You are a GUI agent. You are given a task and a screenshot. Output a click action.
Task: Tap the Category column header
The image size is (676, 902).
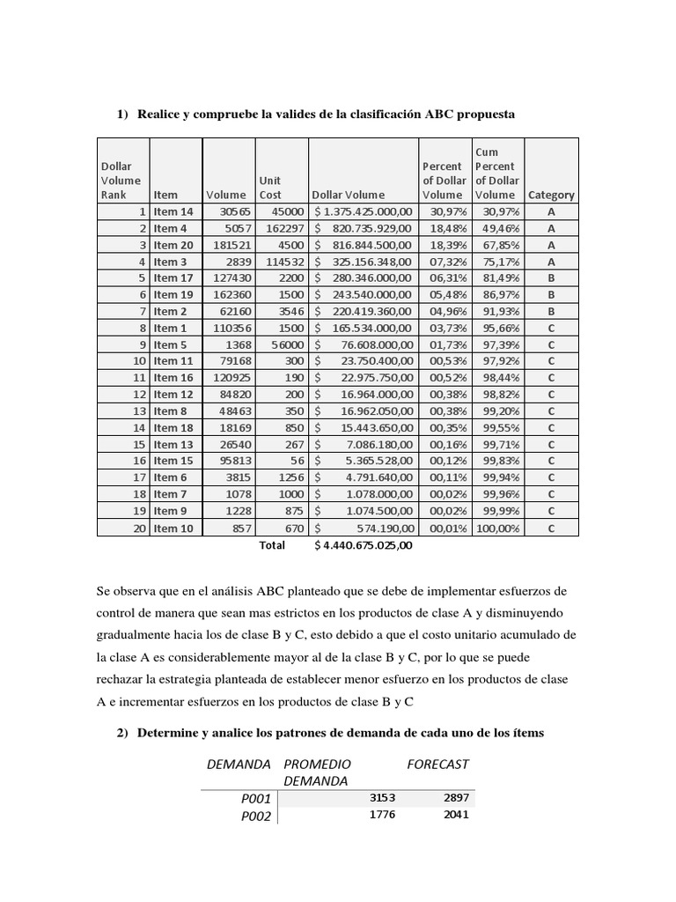point(550,196)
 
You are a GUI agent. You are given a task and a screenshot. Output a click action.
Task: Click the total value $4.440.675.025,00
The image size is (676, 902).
point(363,545)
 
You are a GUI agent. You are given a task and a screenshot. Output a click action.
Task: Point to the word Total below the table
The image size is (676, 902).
point(272,545)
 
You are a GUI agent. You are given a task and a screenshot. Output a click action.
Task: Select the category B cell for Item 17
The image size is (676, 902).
point(550,278)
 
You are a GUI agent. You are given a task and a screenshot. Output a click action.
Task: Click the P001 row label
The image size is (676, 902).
point(258,798)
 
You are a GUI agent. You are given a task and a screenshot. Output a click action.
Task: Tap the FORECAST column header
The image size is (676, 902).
point(438,765)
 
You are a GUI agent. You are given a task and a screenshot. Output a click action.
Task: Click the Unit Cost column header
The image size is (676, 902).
point(270,188)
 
